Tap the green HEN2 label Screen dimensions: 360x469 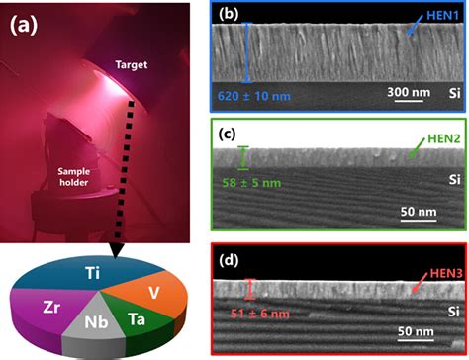435,134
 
